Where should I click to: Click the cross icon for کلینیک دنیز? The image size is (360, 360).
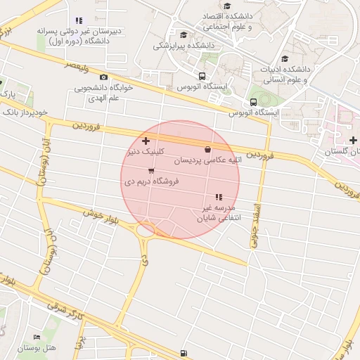pyautogui.click(x=146, y=142)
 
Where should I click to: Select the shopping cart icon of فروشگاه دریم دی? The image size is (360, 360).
pyautogui.click(x=150, y=171)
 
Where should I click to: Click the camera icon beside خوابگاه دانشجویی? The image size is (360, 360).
pyautogui.click(x=104, y=77)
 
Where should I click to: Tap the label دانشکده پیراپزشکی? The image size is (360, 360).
pyautogui.click(x=184, y=46)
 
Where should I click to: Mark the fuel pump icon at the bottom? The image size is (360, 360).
pyautogui.click(x=184, y=353)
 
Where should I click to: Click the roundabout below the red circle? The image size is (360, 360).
pyautogui.click(x=146, y=229)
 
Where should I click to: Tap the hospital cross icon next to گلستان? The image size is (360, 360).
pyautogui.click(x=352, y=141)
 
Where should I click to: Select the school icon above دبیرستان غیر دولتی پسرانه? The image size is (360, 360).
pyautogui.click(x=77, y=20)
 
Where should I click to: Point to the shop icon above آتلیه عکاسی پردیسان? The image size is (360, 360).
pyautogui.click(x=207, y=149)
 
